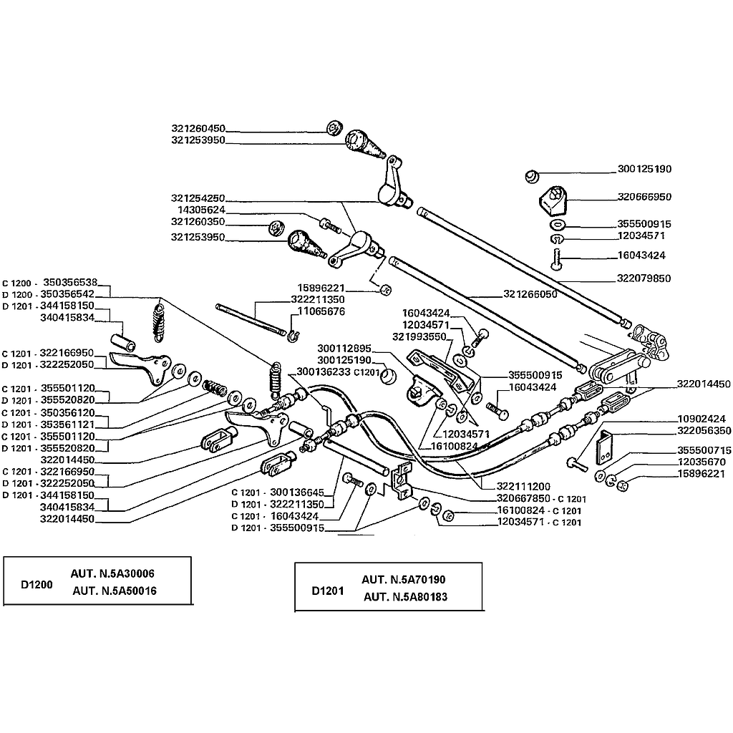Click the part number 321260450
tap(198, 129)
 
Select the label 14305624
tap(201, 210)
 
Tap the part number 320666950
tap(644, 196)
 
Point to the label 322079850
tap(644, 278)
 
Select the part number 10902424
tap(702, 419)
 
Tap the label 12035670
tap(702, 462)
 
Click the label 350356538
tap(69, 282)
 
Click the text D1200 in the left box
tap(37, 584)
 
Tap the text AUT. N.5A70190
tap(404, 580)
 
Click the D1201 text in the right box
tap(328, 591)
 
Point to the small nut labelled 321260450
tap(333, 129)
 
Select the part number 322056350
tap(702, 431)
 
